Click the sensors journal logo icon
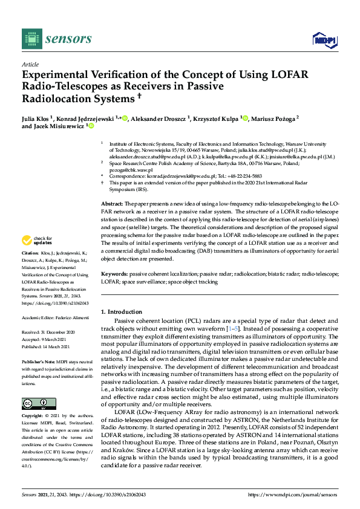(x=29, y=39)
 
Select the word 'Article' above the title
(x=30, y=64)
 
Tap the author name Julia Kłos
(x=38, y=118)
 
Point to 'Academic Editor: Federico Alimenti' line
(x=58, y=318)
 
